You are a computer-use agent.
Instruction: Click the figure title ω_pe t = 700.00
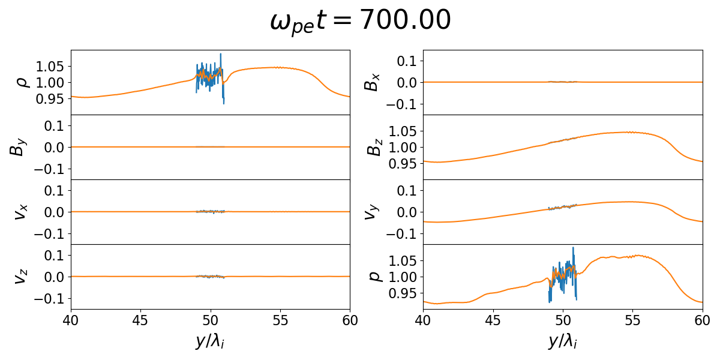click(x=360, y=22)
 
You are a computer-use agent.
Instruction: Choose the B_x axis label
click(x=372, y=82)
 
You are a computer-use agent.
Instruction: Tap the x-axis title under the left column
click(x=210, y=341)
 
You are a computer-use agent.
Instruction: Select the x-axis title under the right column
click(x=563, y=341)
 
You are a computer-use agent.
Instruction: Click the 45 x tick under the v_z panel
click(x=140, y=319)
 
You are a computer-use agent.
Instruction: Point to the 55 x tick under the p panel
click(x=632, y=319)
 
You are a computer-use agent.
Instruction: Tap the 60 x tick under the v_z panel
click(x=350, y=319)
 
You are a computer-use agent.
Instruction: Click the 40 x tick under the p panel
click(x=423, y=319)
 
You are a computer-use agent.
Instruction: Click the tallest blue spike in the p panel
click(x=573, y=248)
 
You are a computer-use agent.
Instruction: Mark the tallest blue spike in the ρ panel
click(x=221, y=55)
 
